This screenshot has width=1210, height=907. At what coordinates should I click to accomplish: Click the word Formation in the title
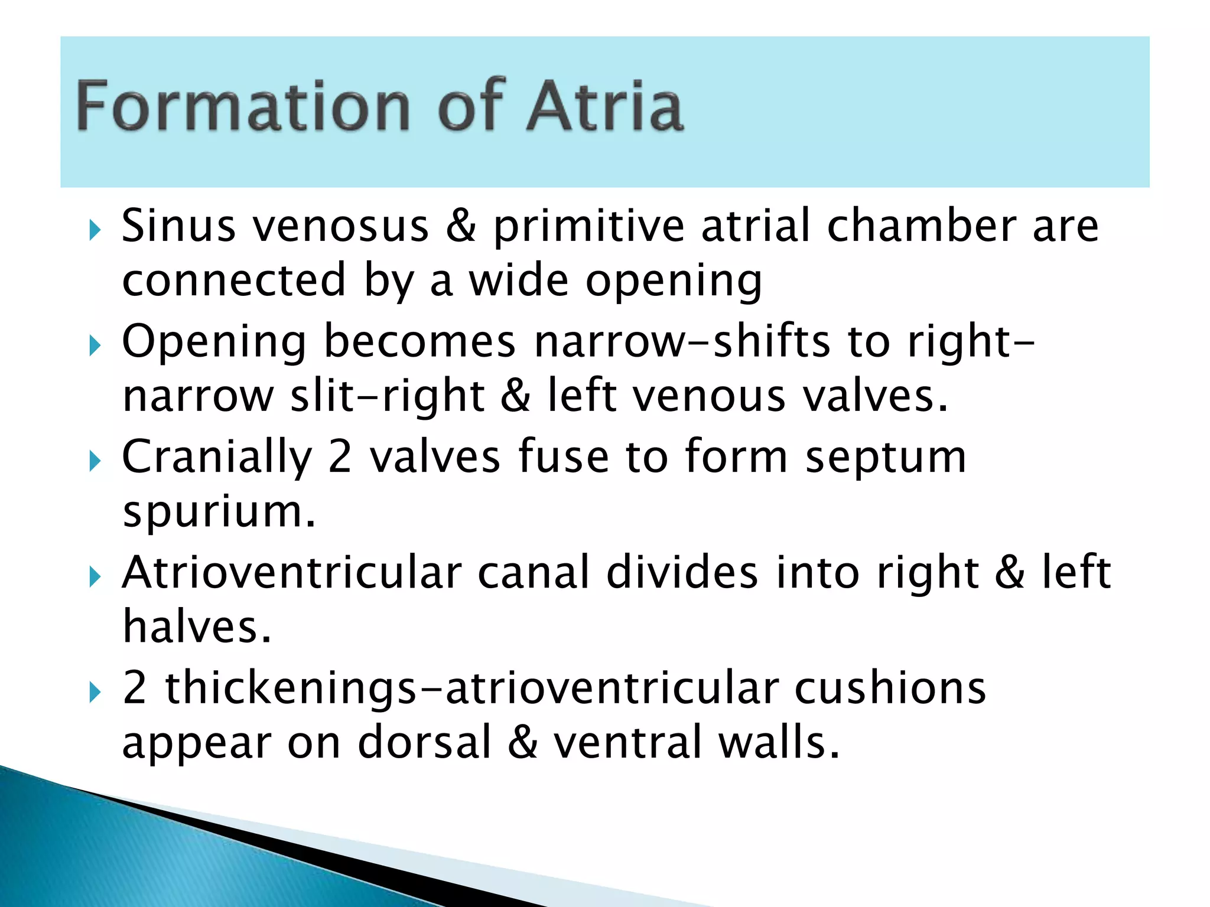[243, 106]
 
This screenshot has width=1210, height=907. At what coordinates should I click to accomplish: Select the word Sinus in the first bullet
[178, 226]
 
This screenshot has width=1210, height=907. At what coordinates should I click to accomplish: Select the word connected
[234, 280]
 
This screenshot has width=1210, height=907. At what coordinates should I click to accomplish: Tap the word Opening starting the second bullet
[214, 342]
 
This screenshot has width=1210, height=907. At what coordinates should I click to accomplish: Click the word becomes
[419, 342]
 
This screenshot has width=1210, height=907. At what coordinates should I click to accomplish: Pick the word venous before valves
[709, 396]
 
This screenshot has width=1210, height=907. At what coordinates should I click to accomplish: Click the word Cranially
[216, 458]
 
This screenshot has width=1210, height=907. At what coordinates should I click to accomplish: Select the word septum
[886, 458]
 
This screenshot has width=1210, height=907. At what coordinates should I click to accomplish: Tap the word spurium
[219, 513]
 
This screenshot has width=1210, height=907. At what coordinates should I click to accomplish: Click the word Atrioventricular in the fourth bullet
[291, 573]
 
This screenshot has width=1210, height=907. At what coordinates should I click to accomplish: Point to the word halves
[197, 627]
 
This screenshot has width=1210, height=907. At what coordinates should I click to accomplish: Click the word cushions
[890, 689]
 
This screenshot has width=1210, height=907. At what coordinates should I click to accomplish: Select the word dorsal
[425, 743]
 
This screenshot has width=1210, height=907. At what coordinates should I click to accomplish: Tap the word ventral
[627, 743]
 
